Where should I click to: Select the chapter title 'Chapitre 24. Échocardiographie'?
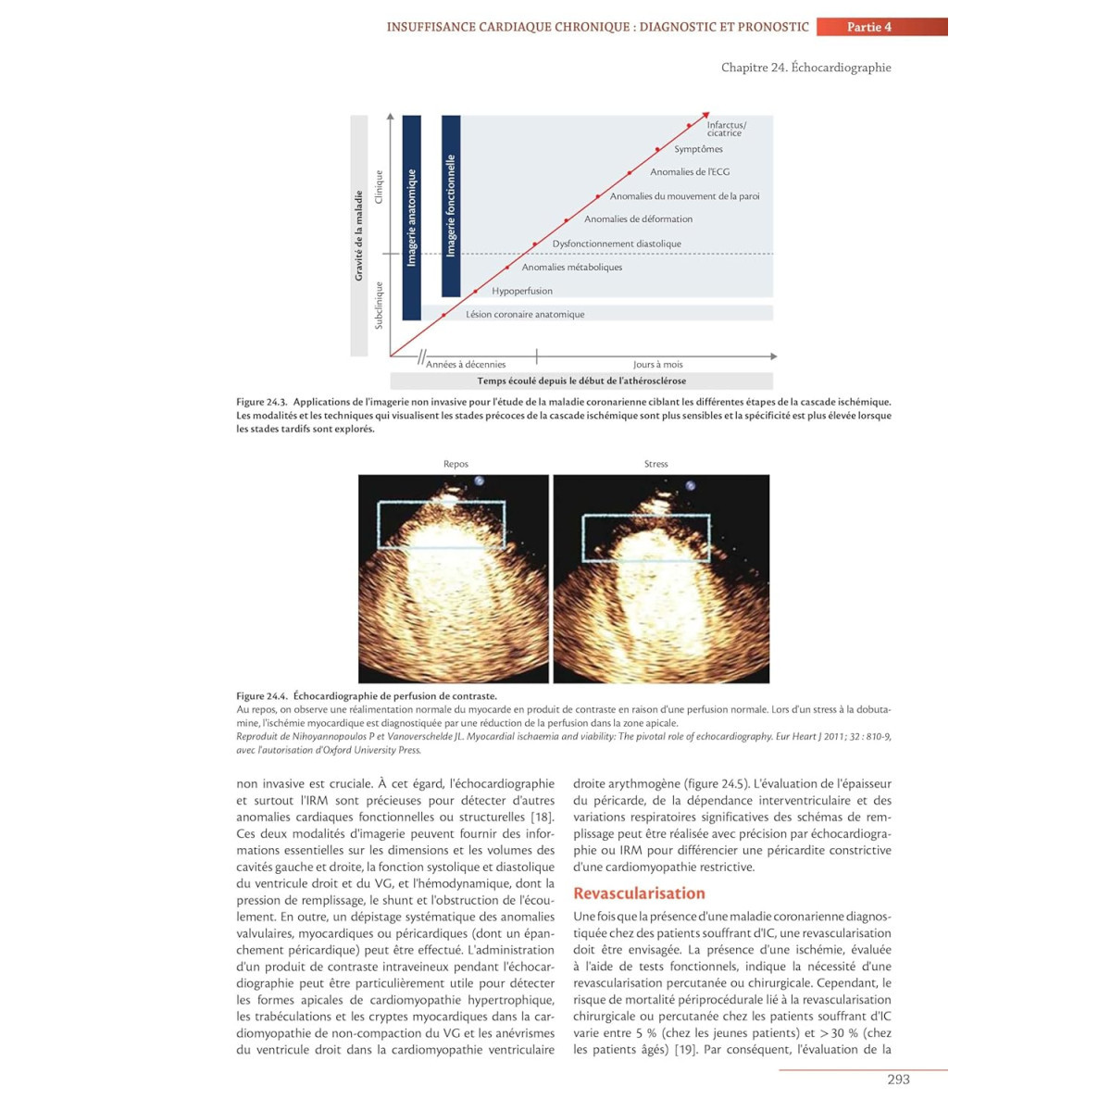[x=805, y=68]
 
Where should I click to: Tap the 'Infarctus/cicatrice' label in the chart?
[x=726, y=129]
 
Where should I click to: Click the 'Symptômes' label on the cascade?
[x=698, y=149]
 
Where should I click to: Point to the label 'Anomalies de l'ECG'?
[x=689, y=172]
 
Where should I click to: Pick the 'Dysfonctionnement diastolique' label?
[x=617, y=243]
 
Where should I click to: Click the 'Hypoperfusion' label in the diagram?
[x=522, y=291]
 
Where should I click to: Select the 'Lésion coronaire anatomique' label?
[x=525, y=315]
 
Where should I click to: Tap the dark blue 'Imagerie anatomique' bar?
[x=412, y=218]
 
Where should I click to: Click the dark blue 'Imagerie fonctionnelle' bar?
[x=451, y=206]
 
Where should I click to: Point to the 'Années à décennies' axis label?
[x=466, y=365]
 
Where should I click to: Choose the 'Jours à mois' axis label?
[x=657, y=365]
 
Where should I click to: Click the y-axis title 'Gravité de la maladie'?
[x=359, y=236]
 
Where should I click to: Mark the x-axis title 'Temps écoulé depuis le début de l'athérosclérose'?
[x=581, y=381]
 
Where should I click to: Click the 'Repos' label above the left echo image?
[x=456, y=464]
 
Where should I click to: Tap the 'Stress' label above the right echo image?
[x=655, y=464]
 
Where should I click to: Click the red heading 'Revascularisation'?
[x=639, y=893]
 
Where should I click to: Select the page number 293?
[x=898, y=1080]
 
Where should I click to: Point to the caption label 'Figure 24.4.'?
[x=261, y=696]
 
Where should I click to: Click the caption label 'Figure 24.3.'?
[x=261, y=403]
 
